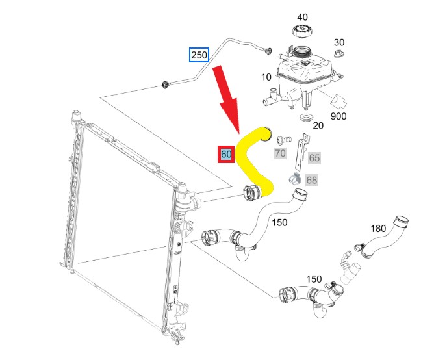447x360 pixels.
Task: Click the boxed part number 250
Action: pyautogui.click(x=199, y=55)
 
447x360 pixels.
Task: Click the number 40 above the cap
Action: pyautogui.click(x=303, y=17)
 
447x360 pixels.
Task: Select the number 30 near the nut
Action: pyautogui.click(x=338, y=40)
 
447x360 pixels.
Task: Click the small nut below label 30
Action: pyautogui.click(x=338, y=55)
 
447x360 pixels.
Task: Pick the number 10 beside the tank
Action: pyautogui.click(x=266, y=77)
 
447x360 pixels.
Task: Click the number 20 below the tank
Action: pyautogui.click(x=318, y=126)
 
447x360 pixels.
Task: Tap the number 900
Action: pyautogui.click(x=338, y=116)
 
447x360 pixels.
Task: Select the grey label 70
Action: pyautogui.click(x=280, y=153)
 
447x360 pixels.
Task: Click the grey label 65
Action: pyautogui.click(x=314, y=158)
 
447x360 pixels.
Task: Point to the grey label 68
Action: pyautogui.click(x=312, y=180)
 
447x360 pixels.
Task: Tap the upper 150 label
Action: pyautogui.click(x=279, y=223)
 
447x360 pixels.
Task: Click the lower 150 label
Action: pyautogui.click(x=314, y=279)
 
